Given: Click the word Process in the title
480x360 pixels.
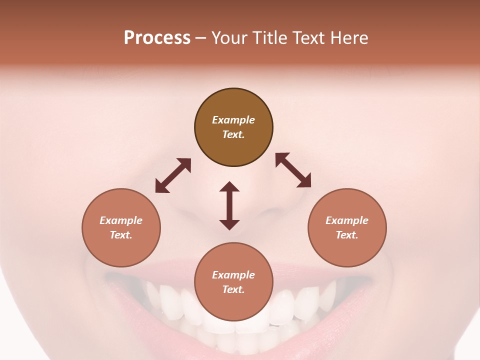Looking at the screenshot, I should [157, 38].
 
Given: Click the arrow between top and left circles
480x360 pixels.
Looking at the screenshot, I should [173, 175].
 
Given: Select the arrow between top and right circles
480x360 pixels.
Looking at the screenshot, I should [293, 170].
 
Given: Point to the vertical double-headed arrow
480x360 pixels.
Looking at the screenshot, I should [229, 205].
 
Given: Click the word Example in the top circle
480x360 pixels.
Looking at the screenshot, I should [233, 120].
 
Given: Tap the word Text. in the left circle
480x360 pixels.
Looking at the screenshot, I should [121, 235].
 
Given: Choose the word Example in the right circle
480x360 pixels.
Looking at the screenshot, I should [347, 220].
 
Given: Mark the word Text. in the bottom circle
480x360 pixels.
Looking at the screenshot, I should [233, 289].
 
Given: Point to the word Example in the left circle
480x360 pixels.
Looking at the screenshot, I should [121, 220].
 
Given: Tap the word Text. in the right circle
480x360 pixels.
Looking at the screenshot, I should [347, 235].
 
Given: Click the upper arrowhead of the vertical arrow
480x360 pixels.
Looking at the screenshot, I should [229, 187].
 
